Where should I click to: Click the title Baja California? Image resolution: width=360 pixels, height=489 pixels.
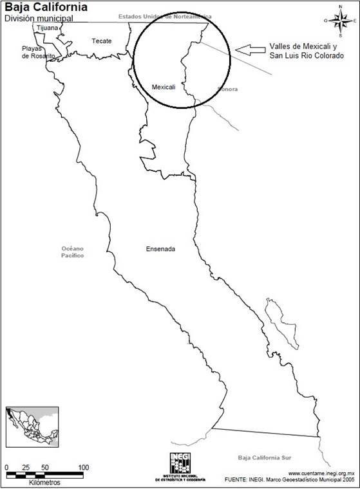(x=46, y=7)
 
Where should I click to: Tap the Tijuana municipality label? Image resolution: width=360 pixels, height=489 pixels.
(x=47, y=28)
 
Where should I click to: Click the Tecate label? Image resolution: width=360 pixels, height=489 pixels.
(x=101, y=41)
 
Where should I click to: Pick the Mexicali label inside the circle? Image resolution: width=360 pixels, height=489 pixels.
(x=163, y=86)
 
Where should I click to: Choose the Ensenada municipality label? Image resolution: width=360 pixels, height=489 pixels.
(x=161, y=248)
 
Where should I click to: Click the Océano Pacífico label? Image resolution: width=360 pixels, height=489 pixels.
(x=73, y=252)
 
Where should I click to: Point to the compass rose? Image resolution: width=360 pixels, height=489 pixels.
(x=339, y=20)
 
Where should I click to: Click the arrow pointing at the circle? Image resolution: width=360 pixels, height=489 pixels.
(x=249, y=49)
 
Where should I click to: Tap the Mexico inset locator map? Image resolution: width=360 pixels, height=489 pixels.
(x=32, y=426)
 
